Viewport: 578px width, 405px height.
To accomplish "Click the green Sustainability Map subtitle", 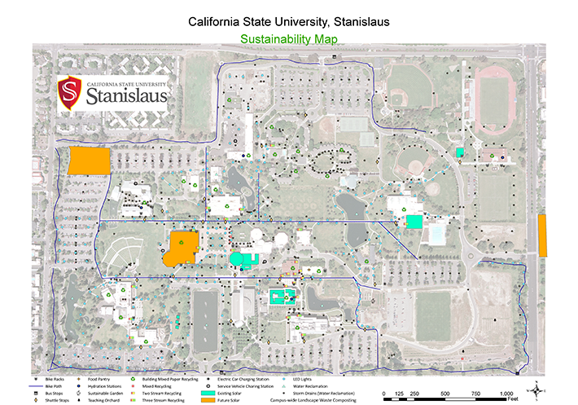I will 288,37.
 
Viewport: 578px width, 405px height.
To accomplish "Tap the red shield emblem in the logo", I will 72,95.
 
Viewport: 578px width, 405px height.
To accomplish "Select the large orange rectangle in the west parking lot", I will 89,161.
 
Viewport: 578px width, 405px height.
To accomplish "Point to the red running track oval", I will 493,100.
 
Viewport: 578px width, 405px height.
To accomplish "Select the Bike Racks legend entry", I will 55,379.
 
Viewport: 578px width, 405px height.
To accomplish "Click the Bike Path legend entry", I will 53,386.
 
